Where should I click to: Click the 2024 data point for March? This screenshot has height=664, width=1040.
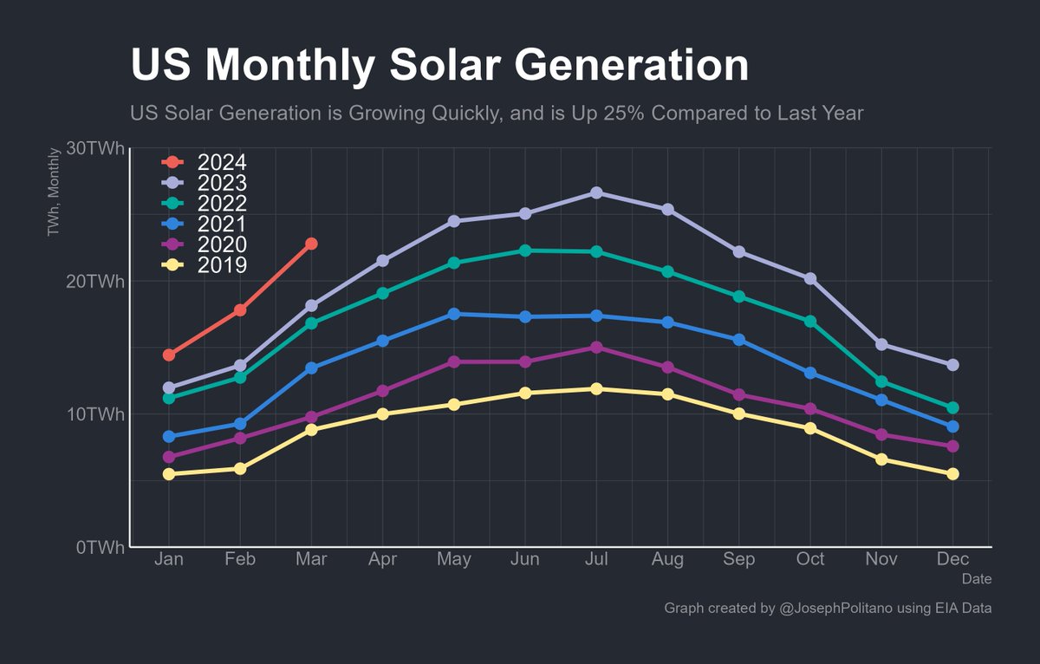pos(311,244)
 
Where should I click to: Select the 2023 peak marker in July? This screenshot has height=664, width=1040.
pos(596,192)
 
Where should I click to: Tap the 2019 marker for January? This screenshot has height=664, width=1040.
pos(169,474)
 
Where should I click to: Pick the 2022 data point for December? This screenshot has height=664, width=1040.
pos(952,407)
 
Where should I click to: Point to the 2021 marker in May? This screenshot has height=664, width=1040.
pos(453,314)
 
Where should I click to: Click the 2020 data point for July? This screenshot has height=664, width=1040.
pos(596,347)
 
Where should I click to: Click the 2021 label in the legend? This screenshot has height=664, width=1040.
pos(222,224)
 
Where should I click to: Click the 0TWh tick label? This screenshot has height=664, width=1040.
pos(100,547)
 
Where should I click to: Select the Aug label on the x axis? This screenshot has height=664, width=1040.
pos(667,559)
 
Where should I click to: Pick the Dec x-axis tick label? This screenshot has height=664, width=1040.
pos(952,559)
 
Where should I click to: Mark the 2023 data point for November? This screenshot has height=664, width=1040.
pos(881,344)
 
